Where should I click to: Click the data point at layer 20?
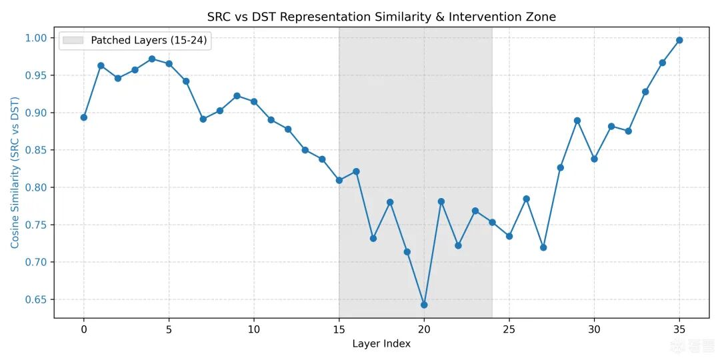pyautogui.click(x=424, y=305)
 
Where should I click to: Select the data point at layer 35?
pyautogui.click(x=679, y=40)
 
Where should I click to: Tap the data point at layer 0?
pyautogui.click(x=84, y=117)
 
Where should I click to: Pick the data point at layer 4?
pyautogui.click(x=152, y=59)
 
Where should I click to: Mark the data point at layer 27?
pyautogui.click(x=543, y=247)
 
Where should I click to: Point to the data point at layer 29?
pyautogui.click(x=577, y=121)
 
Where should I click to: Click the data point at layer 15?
pyautogui.click(x=339, y=180)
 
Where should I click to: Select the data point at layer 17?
pyautogui.click(x=373, y=238)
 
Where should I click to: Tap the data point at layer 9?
pyautogui.click(x=237, y=96)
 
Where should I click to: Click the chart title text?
pyautogui.click(x=381, y=17)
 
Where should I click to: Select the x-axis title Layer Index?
pyautogui.click(x=381, y=344)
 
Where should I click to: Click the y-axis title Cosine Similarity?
pyautogui.click(x=15, y=173)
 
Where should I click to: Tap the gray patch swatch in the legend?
pyautogui.click(x=73, y=41)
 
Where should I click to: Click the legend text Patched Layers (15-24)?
pyautogui.click(x=149, y=41)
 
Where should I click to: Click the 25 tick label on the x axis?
pyautogui.click(x=509, y=329)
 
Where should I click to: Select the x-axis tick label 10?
pyautogui.click(x=254, y=329)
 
